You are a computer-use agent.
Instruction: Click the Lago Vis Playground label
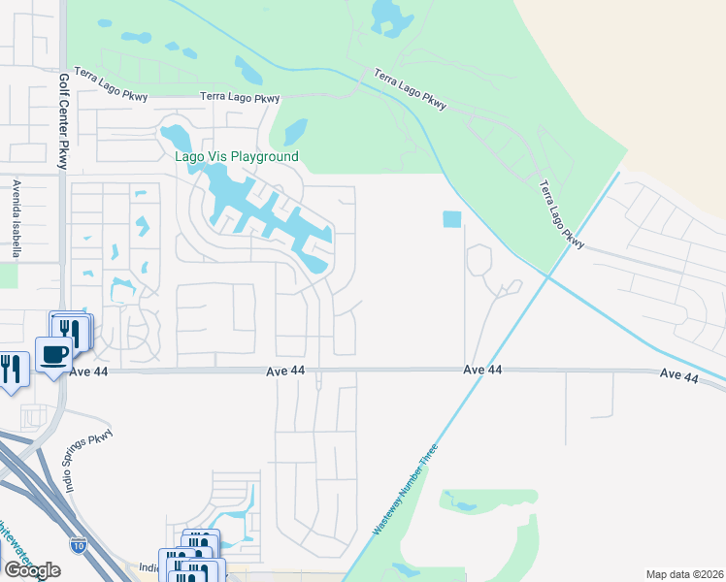point(236,156)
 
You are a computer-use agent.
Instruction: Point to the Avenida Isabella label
point(16,218)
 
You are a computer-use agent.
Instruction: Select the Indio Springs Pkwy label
point(89,463)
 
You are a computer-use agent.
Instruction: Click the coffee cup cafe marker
point(52,355)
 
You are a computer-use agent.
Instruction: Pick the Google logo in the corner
point(32,570)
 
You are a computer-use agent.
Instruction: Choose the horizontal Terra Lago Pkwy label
point(240,97)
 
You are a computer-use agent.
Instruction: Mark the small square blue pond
point(452,220)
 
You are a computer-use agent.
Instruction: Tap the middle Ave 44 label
point(482,370)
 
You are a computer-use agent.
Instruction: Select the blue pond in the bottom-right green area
point(462,505)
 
